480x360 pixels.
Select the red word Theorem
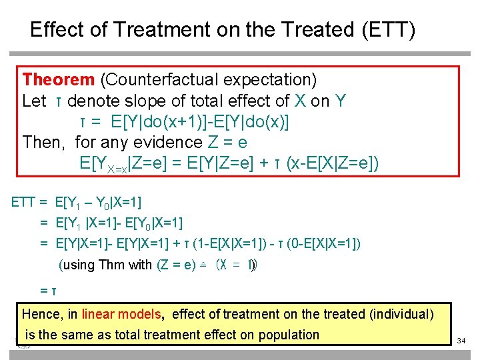(59, 80)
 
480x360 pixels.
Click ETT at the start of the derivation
(24, 202)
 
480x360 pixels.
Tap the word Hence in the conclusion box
(41, 314)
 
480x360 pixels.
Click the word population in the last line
(287, 335)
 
